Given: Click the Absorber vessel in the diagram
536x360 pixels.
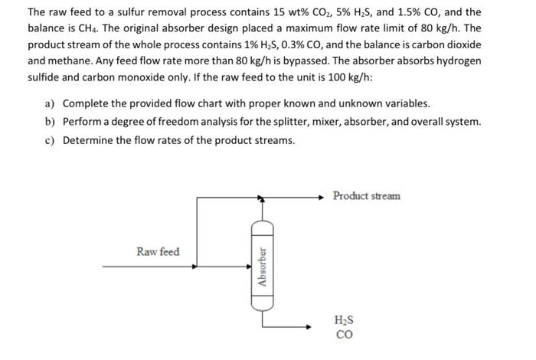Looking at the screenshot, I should click(263, 265).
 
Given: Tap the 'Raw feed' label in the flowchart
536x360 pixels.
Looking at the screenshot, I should click(158, 251).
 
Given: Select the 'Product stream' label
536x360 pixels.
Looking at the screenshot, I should click(366, 196).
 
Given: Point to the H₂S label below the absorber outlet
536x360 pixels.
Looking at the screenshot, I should click(345, 322).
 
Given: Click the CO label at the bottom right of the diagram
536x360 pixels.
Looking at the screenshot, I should click(345, 335).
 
